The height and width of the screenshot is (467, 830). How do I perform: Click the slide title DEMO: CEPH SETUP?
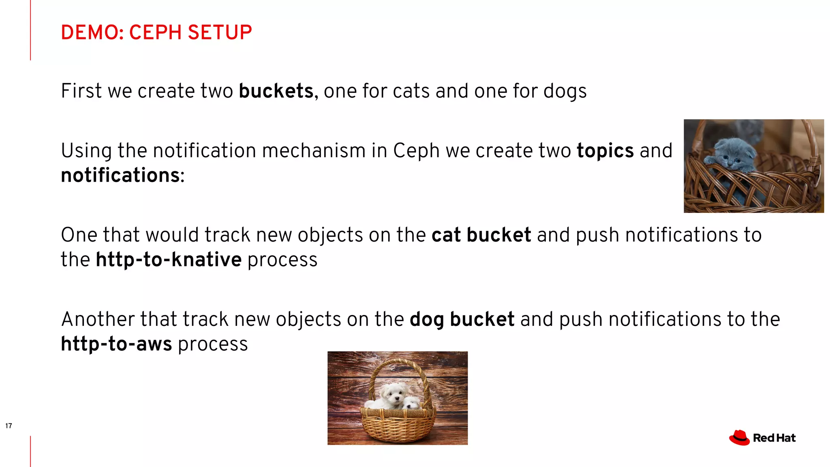[156, 32]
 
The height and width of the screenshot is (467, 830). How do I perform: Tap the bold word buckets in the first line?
[276, 91]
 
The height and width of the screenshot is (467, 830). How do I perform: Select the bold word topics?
[605, 151]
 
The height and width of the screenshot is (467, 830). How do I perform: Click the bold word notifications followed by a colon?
[120, 176]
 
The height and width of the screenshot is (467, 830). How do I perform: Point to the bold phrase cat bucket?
[481, 235]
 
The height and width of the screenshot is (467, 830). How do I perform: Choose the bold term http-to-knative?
[169, 260]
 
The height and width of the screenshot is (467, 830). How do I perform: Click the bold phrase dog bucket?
[462, 319]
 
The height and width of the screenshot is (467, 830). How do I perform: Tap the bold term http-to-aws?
[116, 344]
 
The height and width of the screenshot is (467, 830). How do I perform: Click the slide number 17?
[9, 426]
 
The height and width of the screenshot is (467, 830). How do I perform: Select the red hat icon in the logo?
[739, 438]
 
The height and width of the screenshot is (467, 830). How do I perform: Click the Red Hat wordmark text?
[774, 438]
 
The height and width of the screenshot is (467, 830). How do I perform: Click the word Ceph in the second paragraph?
[416, 151]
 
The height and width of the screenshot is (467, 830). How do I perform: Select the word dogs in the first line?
[565, 91]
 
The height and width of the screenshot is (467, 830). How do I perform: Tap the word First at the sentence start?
[81, 91]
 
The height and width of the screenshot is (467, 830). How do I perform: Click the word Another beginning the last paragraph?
[98, 319]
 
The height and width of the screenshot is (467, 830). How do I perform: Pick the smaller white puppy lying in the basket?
[411, 403]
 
